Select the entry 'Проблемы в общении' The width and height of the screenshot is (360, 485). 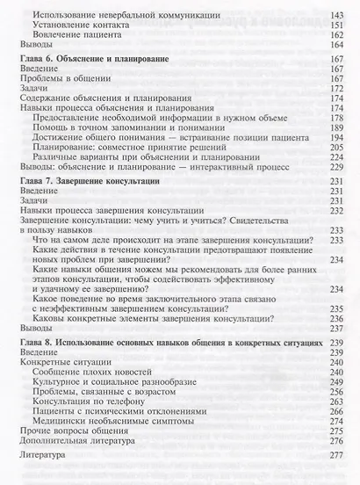tap(61, 81)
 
